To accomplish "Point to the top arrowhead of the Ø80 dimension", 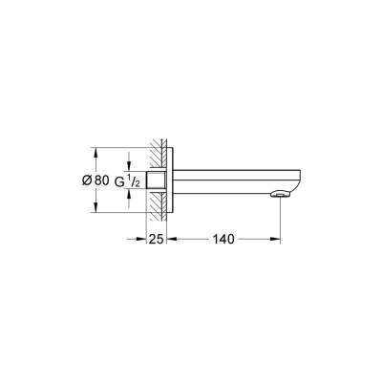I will point(95,150).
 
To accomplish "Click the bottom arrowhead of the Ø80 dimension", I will point(95,210).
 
